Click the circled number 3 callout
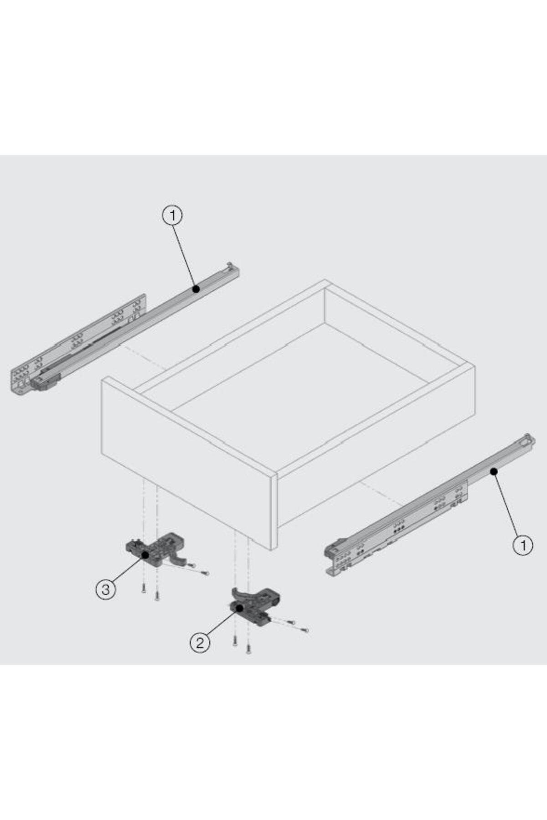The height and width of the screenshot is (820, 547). point(105,589)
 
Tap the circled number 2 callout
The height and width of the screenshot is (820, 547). point(200,643)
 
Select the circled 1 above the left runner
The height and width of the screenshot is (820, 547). point(172,215)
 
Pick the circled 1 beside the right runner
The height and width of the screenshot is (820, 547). point(523,545)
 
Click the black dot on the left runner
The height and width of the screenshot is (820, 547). point(196,289)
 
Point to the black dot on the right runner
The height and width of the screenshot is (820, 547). point(494,471)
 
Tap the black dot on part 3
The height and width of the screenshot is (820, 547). point(145,555)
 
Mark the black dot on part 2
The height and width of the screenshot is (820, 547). point(240,608)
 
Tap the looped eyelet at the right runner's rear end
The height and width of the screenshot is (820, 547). point(529,439)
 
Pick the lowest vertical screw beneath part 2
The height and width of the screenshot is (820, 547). point(248,649)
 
